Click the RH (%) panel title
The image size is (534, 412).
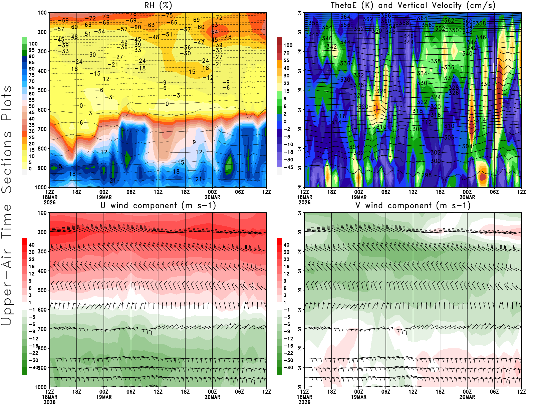tap(158, 5)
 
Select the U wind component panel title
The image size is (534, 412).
tap(158, 205)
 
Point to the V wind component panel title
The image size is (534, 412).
tap(413, 205)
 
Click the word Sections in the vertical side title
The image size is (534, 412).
tap(7, 162)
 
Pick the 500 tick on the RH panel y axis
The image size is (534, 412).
tap(42, 90)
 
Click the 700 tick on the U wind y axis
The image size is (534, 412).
tap(42, 329)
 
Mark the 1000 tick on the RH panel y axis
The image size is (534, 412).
tap(41, 187)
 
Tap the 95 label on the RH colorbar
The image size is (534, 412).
tap(31, 50)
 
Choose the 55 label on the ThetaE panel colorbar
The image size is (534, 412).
tap(286, 60)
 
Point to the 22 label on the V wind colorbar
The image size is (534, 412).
tap(286, 259)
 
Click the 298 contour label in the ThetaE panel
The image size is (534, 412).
tap(427, 175)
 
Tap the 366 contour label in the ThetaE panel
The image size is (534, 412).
tap(386, 16)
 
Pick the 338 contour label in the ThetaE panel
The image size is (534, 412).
tap(436, 61)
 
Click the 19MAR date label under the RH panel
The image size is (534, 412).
tap(104, 197)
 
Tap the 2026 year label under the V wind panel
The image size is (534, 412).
tap(304, 402)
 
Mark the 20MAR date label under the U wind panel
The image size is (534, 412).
tap(212, 397)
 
